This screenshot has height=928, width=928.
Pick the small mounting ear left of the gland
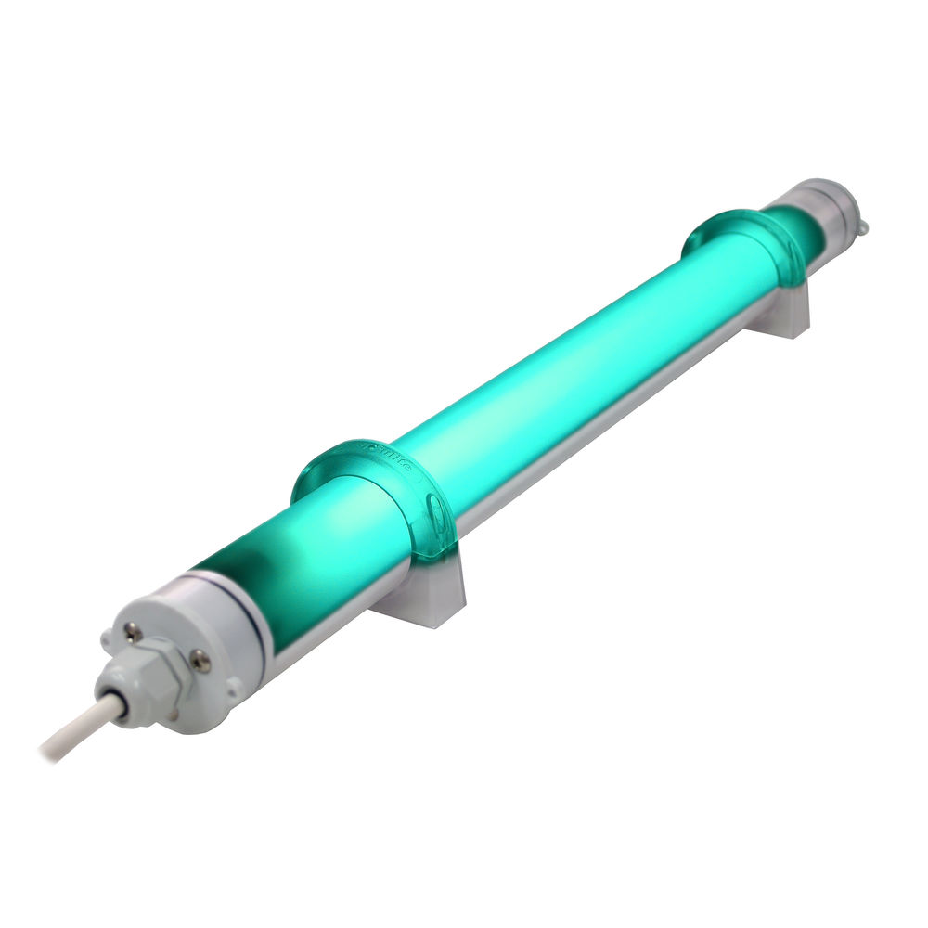[x=105, y=640]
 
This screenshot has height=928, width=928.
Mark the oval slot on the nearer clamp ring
[x=437, y=506]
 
